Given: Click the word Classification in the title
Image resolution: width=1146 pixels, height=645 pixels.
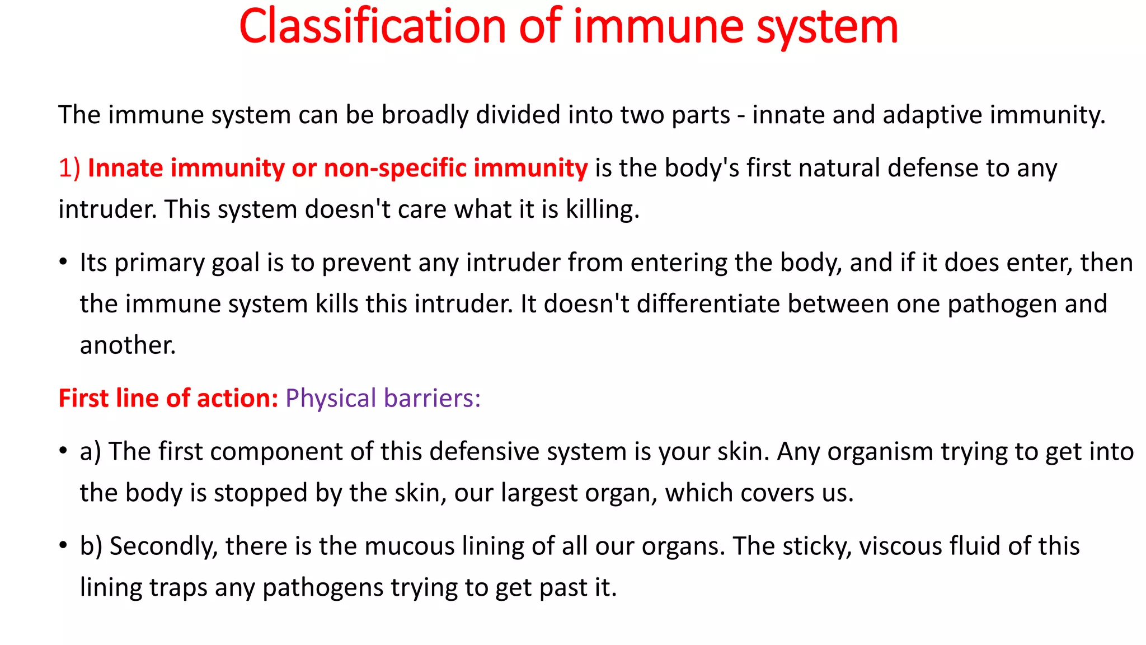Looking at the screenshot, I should pos(372,27).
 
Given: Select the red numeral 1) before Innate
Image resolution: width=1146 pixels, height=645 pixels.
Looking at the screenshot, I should pos(69,168).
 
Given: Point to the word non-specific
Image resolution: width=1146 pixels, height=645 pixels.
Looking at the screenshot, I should pos(395,168).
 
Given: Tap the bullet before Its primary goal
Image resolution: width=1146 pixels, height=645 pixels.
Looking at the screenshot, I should pos(63,262).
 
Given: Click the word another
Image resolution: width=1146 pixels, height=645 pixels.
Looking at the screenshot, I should pos(127,345).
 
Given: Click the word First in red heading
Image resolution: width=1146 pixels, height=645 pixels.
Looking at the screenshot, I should pos(83,398).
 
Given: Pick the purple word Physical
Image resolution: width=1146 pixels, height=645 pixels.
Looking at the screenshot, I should pos(331,398).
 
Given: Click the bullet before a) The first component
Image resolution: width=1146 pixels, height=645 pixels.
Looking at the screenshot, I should pos(63,451).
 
